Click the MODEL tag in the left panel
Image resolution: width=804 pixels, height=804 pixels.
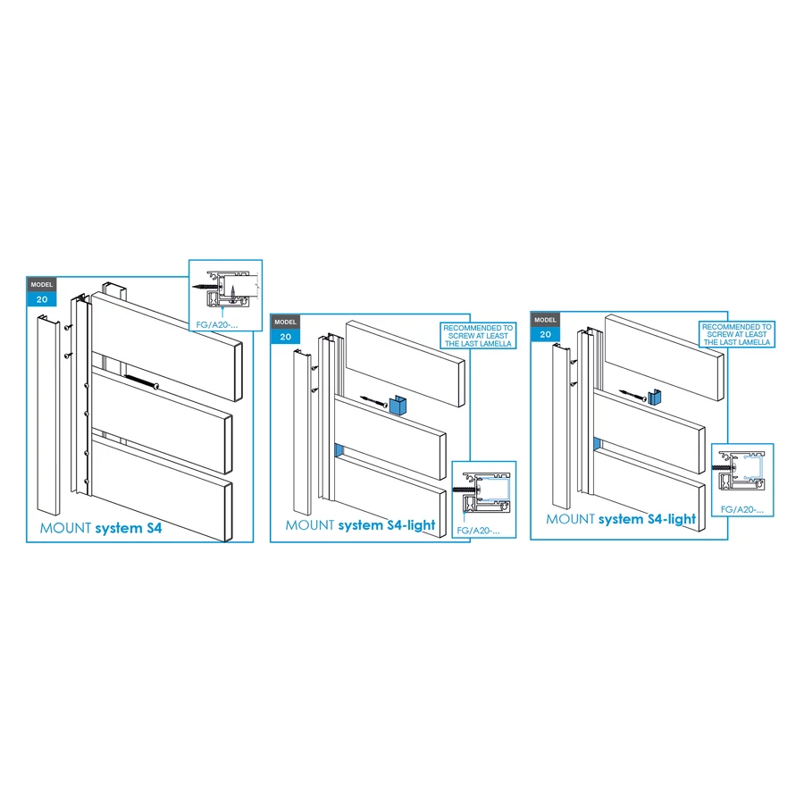pyautogui.click(x=41, y=285)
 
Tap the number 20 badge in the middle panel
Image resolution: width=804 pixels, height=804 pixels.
pyautogui.click(x=286, y=337)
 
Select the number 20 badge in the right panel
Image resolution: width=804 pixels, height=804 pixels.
pyautogui.click(x=545, y=334)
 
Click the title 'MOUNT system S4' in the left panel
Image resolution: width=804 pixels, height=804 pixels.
pyautogui.click(x=101, y=528)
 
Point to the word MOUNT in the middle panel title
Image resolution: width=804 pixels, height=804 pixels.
pyautogui.click(x=310, y=525)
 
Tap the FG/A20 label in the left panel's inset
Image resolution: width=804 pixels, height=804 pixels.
pyautogui.click(x=217, y=324)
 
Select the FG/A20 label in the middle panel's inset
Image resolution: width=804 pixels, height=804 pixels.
pyautogui.click(x=478, y=531)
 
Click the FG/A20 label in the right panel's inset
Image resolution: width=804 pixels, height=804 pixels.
pyautogui.click(x=742, y=509)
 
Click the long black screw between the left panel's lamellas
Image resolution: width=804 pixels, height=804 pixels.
pyautogui.click(x=140, y=381)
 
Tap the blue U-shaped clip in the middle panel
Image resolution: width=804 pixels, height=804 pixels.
pyautogui.click(x=398, y=406)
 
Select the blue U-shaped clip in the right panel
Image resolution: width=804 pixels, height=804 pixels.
pyautogui.click(x=654, y=398)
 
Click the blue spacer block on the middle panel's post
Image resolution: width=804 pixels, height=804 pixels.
pyautogui.click(x=339, y=451)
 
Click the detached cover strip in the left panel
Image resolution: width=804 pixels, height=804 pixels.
pyautogui.click(x=49, y=415)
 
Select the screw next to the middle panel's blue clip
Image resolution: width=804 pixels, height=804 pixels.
pyautogui.click(x=373, y=401)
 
